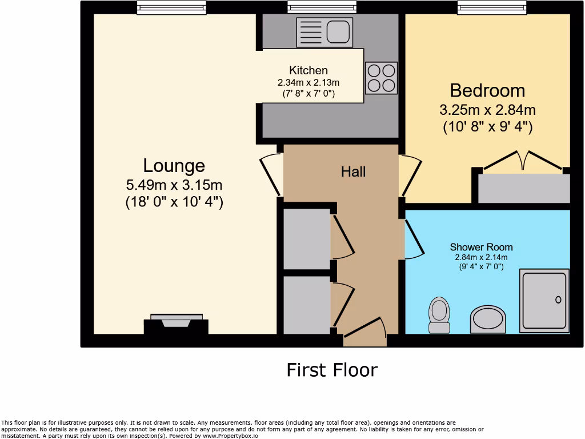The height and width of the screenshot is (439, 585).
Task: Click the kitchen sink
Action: coord(323,31)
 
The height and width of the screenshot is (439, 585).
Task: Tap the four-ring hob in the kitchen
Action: coord(381,78)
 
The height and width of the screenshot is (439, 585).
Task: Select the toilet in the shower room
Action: coord(439,314)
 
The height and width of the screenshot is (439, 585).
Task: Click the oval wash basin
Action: coord(488,319)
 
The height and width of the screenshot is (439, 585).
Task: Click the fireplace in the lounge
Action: coord(176,325)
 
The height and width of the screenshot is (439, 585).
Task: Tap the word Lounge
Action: coord(174,166)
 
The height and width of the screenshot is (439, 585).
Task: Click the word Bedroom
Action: coord(487,90)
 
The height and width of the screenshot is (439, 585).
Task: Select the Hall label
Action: coord(353,171)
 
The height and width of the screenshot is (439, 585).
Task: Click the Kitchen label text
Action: coord(308,70)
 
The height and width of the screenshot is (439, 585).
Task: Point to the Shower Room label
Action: coord(481,247)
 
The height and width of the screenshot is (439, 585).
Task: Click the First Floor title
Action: coord(332,370)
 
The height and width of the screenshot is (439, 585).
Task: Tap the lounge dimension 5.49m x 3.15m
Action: coord(174,185)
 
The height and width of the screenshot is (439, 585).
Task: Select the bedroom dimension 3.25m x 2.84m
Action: coord(487,110)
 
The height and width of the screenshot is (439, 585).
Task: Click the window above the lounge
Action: coord(171,7)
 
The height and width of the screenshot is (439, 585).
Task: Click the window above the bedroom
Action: coord(492,7)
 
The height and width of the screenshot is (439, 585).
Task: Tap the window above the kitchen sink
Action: coord(322,7)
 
